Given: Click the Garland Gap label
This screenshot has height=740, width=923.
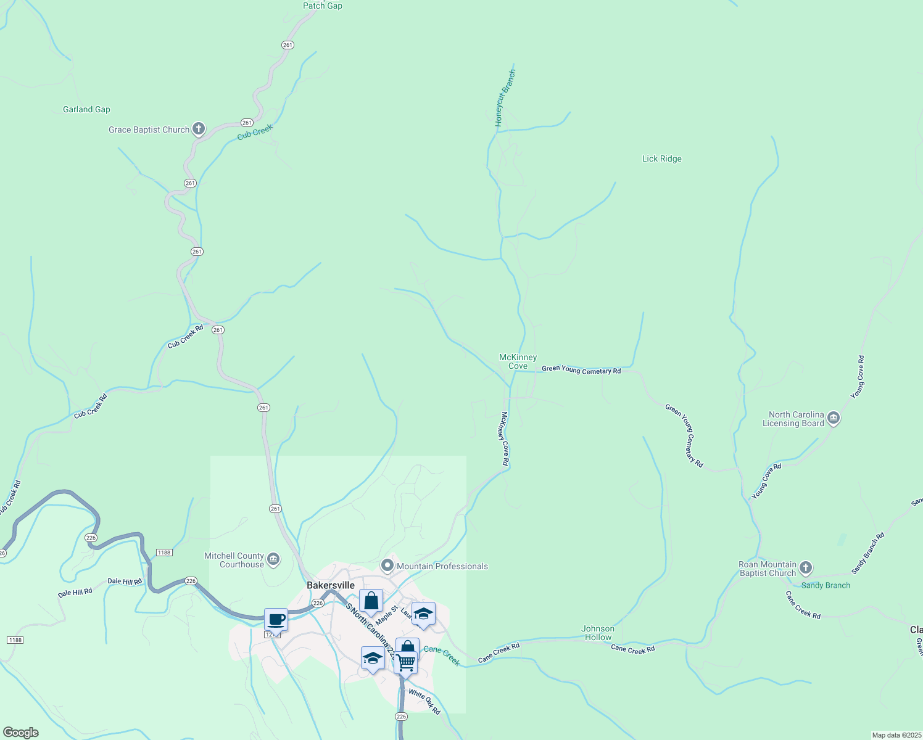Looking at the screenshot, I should [x=86, y=110].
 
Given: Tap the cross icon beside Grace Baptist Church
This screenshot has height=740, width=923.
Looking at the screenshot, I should [x=198, y=129].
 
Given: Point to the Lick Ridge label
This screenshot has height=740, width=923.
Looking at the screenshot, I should [x=661, y=158].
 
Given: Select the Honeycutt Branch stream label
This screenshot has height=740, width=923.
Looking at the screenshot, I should [x=505, y=99].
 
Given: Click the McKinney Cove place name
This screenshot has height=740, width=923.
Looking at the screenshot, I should [x=518, y=361].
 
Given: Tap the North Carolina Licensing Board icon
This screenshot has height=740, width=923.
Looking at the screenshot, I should [x=833, y=419].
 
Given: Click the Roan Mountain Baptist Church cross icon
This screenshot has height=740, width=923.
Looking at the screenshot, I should [x=805, y=568].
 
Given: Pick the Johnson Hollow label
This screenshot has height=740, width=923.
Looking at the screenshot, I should [x=597, y=633].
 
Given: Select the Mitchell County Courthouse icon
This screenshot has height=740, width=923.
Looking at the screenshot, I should [x=273, y=560].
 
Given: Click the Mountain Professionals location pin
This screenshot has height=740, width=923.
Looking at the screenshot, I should [x=387, y=565].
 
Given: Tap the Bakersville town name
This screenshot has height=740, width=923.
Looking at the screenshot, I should [x=331, y=585].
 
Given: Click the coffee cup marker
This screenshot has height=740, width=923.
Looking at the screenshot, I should [x=276, y=620].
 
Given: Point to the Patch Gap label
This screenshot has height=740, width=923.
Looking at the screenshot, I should [x=322, y=6].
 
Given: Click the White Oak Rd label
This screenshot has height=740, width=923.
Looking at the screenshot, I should [x=424, y=702].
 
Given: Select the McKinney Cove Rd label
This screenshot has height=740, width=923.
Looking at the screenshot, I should [x=505, y=438].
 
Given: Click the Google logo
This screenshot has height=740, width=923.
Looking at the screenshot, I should [x=20, y=733].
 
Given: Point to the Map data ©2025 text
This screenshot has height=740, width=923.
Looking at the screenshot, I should [x=895, y=735].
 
